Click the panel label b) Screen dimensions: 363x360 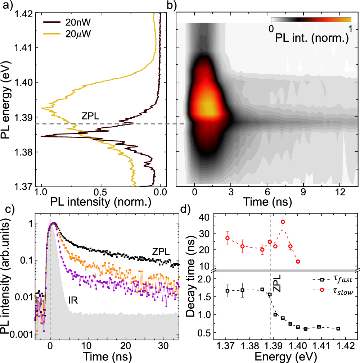(170, 5)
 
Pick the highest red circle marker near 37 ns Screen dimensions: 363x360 (283, 222)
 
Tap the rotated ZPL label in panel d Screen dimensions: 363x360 (276, 284)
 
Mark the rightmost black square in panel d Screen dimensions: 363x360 (338, 328)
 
